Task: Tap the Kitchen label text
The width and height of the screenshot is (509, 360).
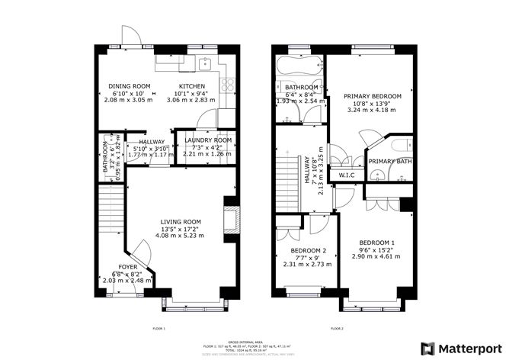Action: (191, 86)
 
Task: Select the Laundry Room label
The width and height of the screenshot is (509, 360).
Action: (201, 140)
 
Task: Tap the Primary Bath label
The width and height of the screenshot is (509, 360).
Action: (389, 162)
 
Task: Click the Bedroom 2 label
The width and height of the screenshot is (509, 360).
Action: (309, 250)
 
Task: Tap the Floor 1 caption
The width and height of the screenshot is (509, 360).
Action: (158, 328)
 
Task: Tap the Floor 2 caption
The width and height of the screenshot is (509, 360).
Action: (337, 328)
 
